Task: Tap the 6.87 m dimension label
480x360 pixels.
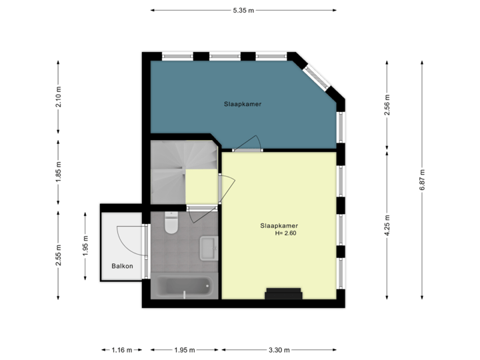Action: click(421, 181)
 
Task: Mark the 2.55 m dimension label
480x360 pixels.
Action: click(59, 255)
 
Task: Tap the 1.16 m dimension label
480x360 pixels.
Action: click(122, 349)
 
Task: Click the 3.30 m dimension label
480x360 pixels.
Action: click(279, 349)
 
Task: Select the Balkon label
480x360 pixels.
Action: click(122, 266)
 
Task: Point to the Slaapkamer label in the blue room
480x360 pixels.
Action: click(242, 105)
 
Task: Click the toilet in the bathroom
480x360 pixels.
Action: click(170, 224)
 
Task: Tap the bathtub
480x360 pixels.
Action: click(184, 287)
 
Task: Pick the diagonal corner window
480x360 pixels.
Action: click(317, 77)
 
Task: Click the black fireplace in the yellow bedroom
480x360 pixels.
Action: click(284, 294)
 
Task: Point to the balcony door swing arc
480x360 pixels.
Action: click(127, 237)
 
